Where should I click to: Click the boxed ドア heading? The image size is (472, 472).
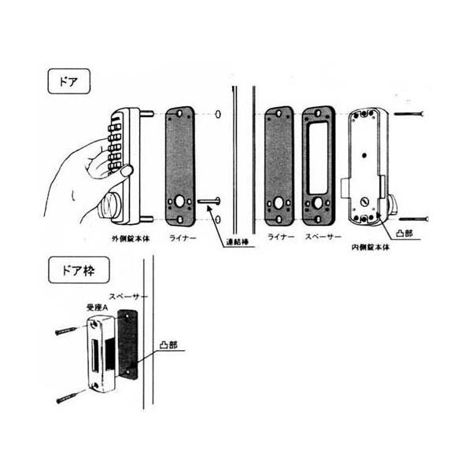[65, 83]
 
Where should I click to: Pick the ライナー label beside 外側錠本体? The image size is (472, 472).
[183, 236]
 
